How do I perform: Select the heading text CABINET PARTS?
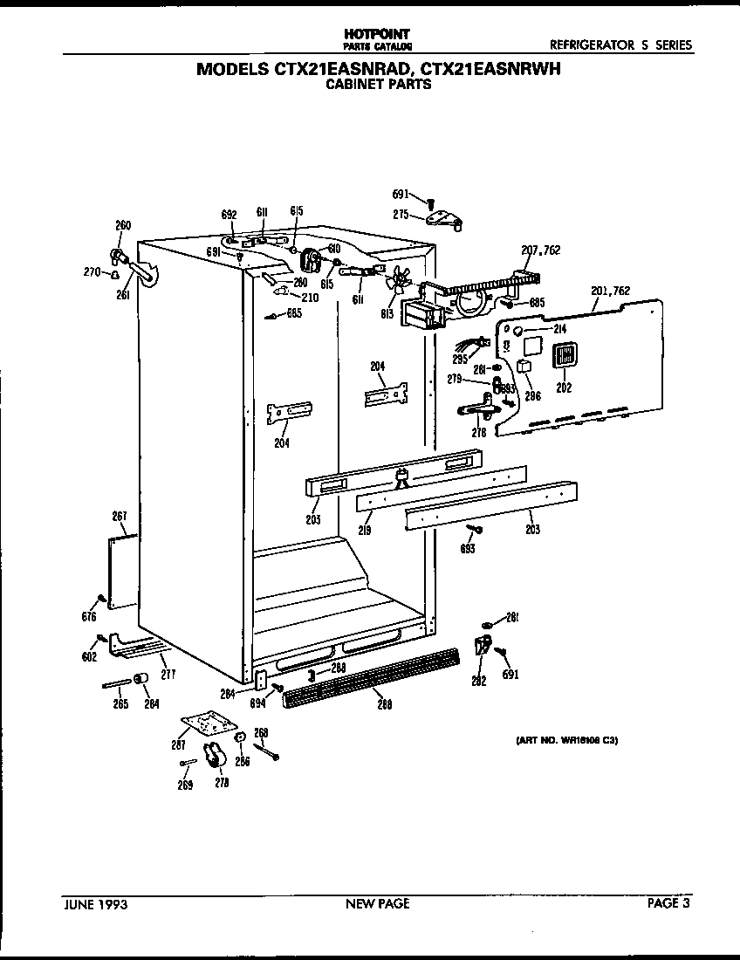click(x=378, y=86)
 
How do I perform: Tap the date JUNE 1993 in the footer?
click(x=96, y=904)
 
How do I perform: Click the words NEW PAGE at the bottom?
click(x=377, y=904)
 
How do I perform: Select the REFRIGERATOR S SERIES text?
click(x=620, y=45)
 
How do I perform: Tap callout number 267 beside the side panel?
click(x=120, y=516)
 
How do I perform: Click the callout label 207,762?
click(x=540, y=250)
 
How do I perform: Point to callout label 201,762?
click(x=610, y=291)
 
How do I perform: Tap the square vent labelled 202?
click(x=564, y=356)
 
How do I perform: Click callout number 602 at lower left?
click(x=89, y=657)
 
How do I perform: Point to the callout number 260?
click(x=123, y=226)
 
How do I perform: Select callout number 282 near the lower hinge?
click(x=478, y=682)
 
